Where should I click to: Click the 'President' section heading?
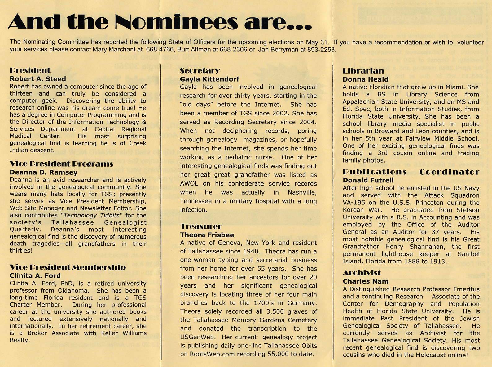(30, 70)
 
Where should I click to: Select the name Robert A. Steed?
(38, 79)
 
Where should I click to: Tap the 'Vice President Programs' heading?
(61, 164)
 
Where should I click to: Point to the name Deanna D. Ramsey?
(44, 172)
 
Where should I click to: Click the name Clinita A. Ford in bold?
(35, 275)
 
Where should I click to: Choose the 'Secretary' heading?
(200, 71)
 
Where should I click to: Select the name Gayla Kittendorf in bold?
(209, 79)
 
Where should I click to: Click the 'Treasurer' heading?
(201, 226)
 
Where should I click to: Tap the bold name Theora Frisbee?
(207, 235)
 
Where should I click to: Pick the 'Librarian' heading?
(363, 71)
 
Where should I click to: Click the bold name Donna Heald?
(365, 79)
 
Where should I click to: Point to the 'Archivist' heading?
(362, 273)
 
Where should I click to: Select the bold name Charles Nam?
(365, 281)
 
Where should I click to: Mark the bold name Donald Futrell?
(368, 180)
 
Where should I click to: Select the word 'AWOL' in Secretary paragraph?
(189, 184)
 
